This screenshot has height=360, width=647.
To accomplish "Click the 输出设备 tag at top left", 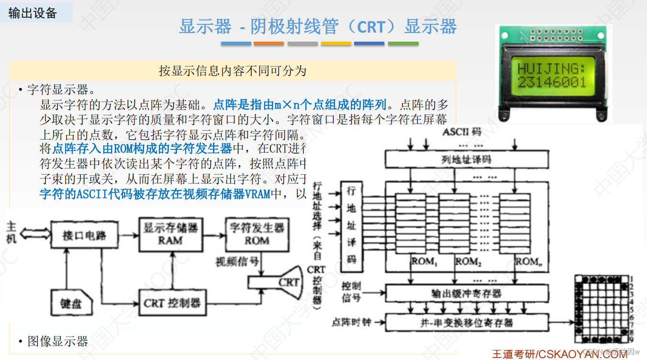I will click(33, 13).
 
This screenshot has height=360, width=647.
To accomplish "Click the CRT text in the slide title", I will click(371, 27).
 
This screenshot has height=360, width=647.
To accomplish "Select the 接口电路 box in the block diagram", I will click(85, 236).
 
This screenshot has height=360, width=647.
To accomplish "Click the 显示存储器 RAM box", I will click(171, 234).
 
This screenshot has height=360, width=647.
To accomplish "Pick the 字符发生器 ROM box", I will click(257, 234).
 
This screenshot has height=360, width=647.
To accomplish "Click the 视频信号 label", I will click(238, 262).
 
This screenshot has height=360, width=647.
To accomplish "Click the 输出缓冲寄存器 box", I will click(466, 292).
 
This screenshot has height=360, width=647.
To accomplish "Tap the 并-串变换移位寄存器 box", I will click(466, 322).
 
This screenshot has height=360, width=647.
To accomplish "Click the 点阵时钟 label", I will click(351, 322).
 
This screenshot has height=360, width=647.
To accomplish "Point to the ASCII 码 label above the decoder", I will click(462, 132).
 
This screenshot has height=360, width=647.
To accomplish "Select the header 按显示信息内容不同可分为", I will click(233, 71).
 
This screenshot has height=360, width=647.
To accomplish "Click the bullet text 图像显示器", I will click(58, 341).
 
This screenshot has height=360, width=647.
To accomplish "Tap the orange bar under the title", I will click(269, 44).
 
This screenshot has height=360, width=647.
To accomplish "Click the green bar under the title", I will click(403, 44).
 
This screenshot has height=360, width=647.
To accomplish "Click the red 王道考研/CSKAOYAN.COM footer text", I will click(559, 354).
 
